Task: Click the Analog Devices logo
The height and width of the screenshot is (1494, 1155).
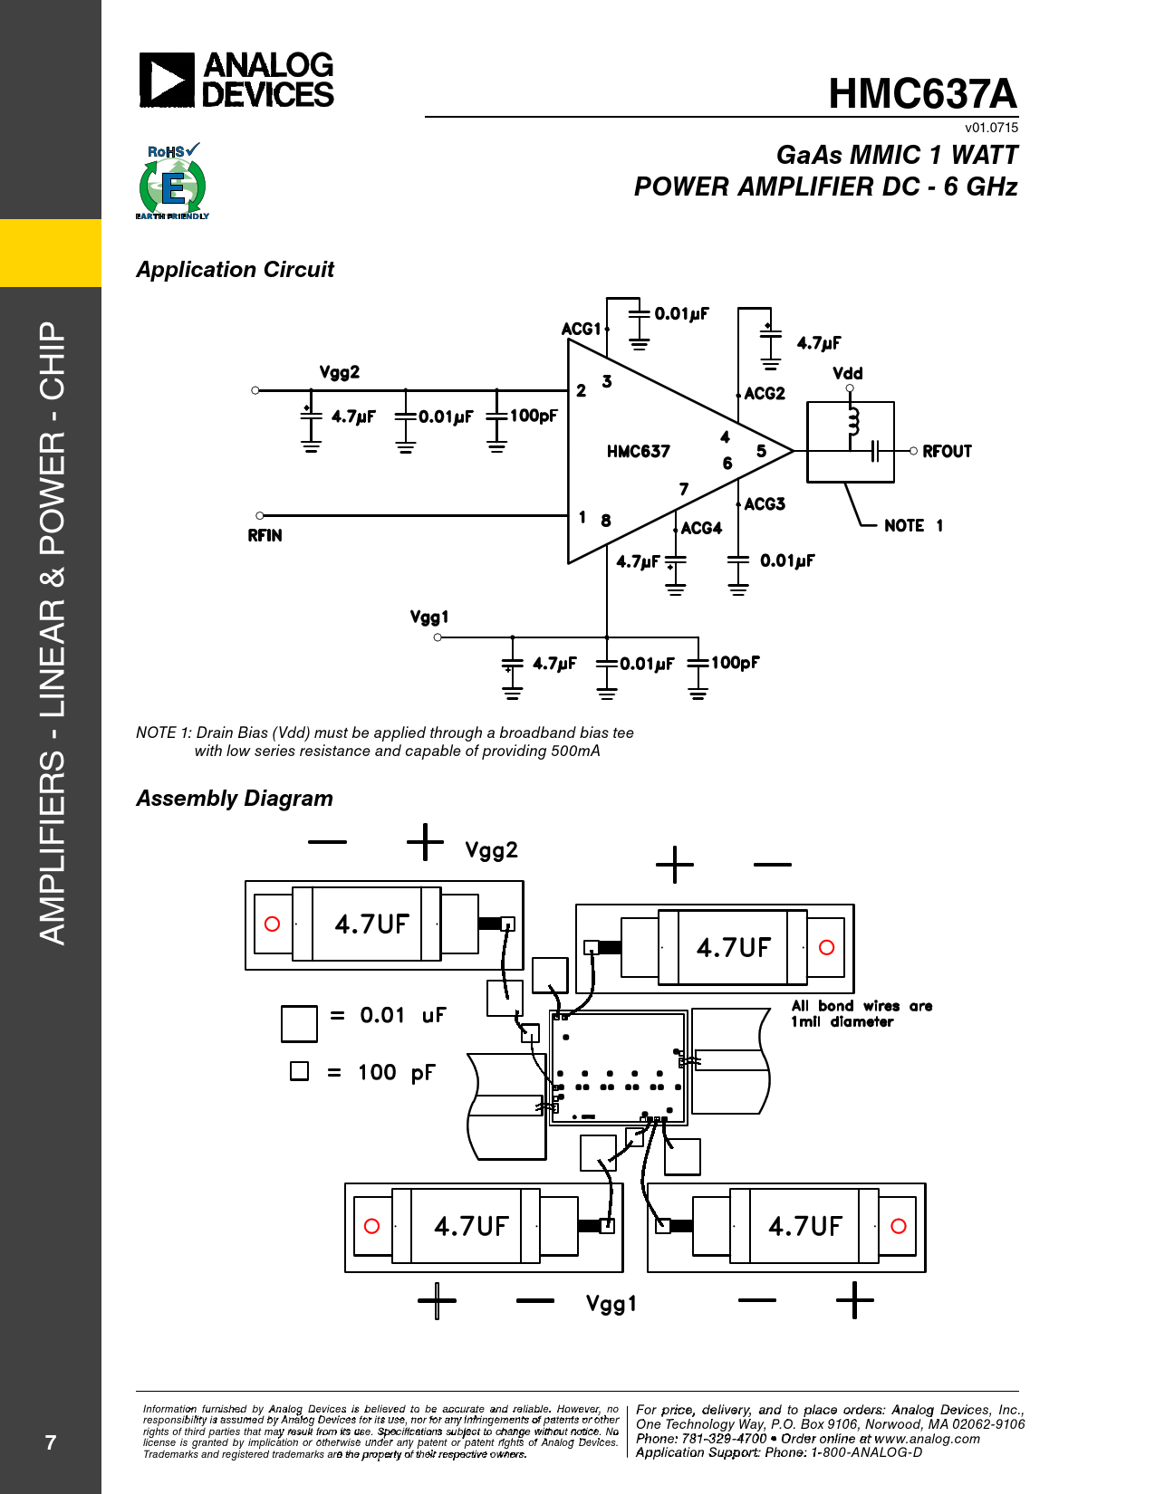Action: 236,80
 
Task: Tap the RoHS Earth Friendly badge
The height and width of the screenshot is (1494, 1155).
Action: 172,182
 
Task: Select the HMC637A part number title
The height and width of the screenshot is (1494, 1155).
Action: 922,93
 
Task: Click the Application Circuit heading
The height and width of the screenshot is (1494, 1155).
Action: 235,270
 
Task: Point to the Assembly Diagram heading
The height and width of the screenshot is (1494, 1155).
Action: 235,799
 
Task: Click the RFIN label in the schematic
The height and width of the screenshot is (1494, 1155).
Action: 265,535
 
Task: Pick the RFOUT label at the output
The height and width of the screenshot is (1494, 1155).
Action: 947,451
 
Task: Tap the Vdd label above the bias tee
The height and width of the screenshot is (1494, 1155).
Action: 848,373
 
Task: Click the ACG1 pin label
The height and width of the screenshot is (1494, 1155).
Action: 582,329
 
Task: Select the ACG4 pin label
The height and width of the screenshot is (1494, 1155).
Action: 701,528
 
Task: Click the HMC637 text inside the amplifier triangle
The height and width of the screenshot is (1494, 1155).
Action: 639,451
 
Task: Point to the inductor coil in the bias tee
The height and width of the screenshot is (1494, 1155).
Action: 852,421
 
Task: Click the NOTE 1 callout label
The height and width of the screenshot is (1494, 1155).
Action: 913,525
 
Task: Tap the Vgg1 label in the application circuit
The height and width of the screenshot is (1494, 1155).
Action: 429,617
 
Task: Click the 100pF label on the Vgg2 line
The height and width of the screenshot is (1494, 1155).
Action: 534,416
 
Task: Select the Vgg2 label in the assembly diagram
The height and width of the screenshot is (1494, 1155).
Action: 491,850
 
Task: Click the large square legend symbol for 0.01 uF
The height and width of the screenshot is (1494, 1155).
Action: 299,1023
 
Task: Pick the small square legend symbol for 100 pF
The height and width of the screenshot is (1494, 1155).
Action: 299,1071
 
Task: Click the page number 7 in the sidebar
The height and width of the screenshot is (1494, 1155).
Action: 51,1442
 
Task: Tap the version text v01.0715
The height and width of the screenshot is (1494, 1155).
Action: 991,128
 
